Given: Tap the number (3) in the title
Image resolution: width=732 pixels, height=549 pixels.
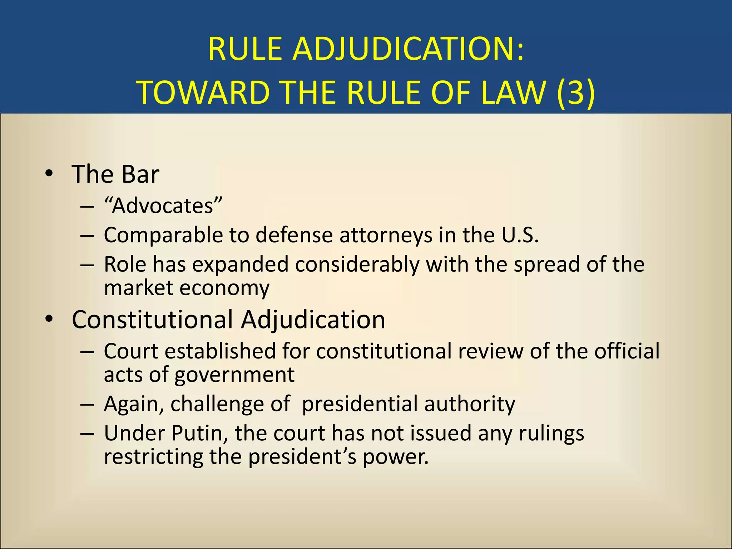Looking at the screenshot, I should coord(576,92).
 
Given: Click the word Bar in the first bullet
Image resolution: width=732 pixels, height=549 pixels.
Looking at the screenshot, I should coord(140,174).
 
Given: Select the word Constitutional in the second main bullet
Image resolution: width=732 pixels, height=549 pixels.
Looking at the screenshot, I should coord(152,319).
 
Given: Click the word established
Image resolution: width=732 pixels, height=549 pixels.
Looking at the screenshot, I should coord(220,351).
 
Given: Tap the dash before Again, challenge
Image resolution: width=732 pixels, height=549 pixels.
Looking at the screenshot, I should coord(87,404).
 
